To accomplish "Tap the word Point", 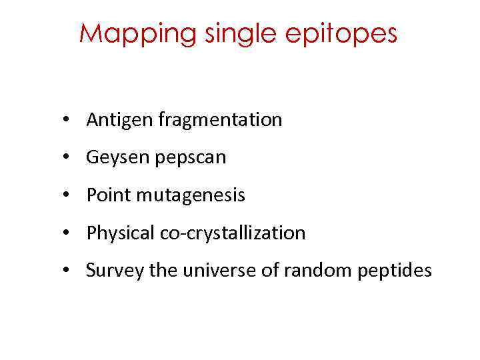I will [x=105, y=195].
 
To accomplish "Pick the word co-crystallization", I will [x=233, y=233].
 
